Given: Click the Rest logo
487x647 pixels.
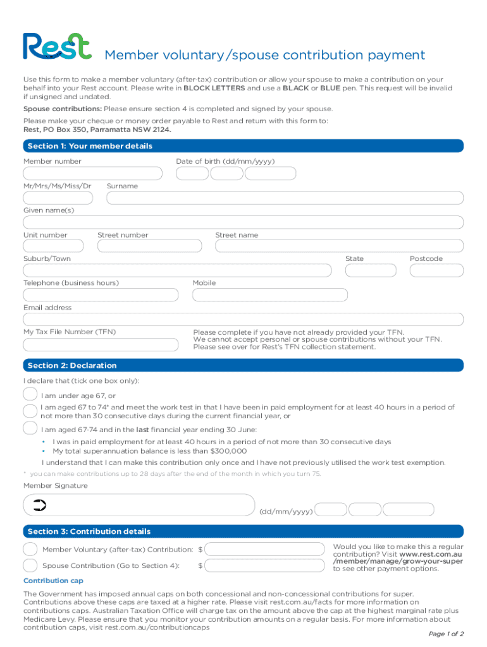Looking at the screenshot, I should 57,46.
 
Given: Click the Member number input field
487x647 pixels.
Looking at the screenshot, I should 92,174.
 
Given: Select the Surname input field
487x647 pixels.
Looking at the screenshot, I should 285,198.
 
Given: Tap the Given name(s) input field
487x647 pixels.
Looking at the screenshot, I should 243,222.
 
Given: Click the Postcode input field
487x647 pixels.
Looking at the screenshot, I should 436,271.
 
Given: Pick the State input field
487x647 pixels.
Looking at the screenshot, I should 370,271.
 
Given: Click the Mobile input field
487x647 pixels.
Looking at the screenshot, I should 270,295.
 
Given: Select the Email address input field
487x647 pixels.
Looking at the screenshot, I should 243,320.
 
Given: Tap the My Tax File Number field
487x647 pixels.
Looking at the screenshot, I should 101,344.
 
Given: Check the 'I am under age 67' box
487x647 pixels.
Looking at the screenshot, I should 30,395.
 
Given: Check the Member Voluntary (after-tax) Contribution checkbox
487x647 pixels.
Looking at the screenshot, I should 30,549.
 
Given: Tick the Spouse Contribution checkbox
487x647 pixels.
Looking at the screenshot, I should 30,565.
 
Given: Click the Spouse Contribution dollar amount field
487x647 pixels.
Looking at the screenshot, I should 265,565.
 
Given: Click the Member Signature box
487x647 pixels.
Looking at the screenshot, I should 139,505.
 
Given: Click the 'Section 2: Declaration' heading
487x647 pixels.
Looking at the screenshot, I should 71,366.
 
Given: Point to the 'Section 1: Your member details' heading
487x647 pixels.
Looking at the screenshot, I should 90,147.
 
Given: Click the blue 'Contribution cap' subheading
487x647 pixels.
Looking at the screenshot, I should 53,581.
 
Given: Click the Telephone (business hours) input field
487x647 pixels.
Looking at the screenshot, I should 101,295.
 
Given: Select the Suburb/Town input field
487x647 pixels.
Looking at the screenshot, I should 177,271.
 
